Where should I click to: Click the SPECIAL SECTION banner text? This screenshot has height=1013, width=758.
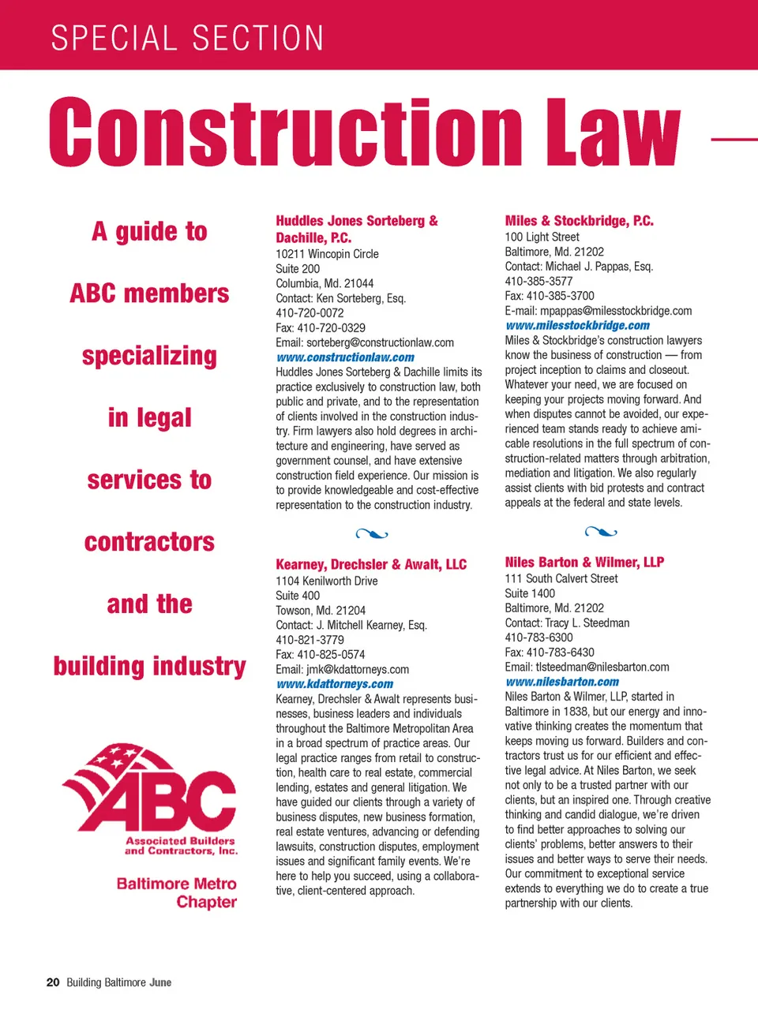(x=187, y=38)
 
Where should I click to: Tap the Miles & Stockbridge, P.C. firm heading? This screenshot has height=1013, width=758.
(x=579, y=221)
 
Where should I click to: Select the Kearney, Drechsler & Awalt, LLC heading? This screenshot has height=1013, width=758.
(x=370, y=564)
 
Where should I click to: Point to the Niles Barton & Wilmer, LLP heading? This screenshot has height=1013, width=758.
(x=584, y=562)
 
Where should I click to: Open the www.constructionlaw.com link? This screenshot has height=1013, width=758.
(x=345, y=357)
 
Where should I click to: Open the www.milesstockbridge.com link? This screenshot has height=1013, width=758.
(x=577, y=325)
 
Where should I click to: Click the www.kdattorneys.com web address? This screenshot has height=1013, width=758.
(x=334, y=684)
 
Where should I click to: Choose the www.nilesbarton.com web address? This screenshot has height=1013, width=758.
(x=561, y=682)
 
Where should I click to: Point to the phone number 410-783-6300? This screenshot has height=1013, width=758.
(x=538, y=637)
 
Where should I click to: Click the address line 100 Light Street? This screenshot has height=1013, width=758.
(x=542, y=237)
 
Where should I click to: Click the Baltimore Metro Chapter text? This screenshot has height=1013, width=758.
(x=177, y=892)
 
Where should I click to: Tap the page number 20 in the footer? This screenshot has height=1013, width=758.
(x=53, y=982)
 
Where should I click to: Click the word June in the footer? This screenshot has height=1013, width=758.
(x=160, y=982)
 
